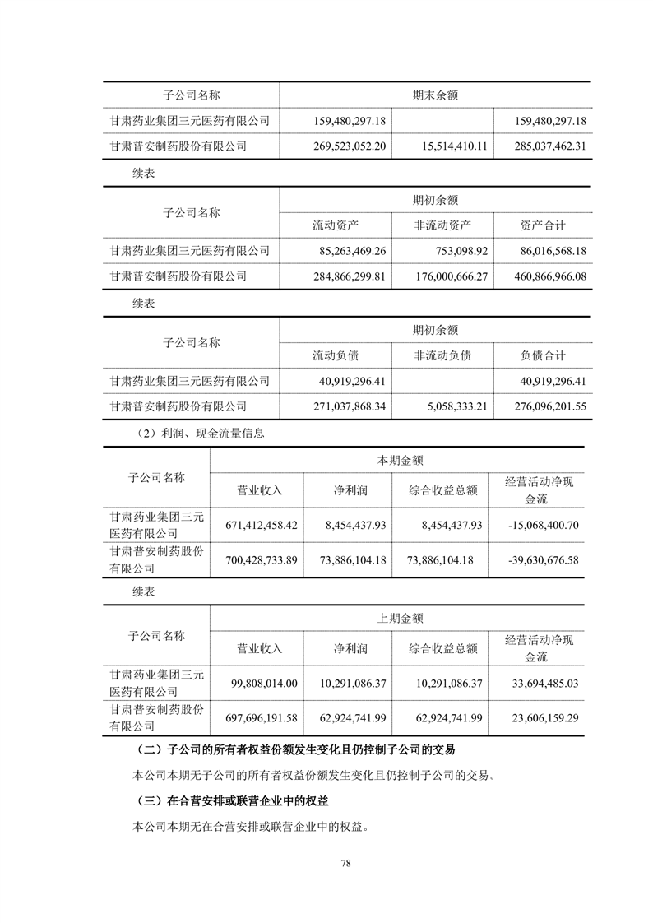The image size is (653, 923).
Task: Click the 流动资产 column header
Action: coord(335,225)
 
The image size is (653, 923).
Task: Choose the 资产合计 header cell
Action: coord(543,225)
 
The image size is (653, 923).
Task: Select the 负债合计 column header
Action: coord(543,355)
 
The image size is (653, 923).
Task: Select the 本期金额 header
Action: coord(401,461)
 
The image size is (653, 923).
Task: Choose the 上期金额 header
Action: coord(401,619)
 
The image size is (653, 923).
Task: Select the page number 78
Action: coord(346,863)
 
